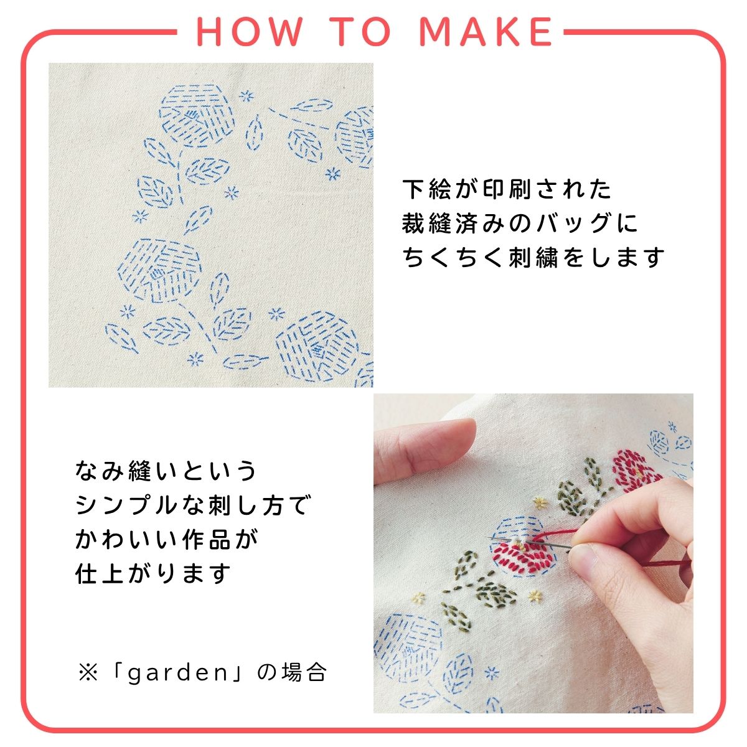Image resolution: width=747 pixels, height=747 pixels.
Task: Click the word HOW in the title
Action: pyautogui.click(x=250, y=32)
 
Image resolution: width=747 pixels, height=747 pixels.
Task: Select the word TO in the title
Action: pyautogui.click(x=362, y=32)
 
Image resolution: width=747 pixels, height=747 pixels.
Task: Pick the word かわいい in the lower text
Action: pyautogui.click(x=126, y=539)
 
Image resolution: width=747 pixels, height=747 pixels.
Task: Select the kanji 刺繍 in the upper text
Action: pyautogui.click(x=533, y=257)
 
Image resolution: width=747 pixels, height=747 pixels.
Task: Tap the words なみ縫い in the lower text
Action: pyautogui.click(x=115, y=471)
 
